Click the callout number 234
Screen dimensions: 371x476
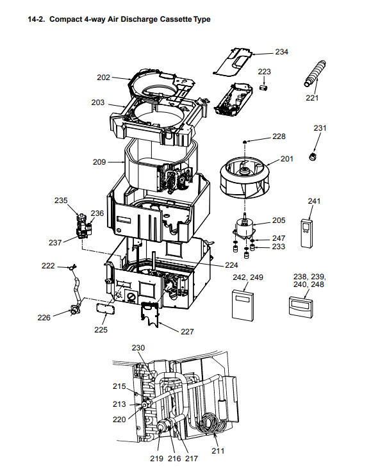[x=281, y=52]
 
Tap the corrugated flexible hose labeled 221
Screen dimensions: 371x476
[x=315, y=73]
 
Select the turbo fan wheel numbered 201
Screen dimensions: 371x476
[x=245, y=177]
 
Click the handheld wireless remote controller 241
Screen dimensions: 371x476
[x=306, y=233]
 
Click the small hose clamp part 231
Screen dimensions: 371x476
[x=313, y=157]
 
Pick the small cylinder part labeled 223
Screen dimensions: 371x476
[x=263, y=87]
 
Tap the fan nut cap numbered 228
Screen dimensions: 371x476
[x=245, y=142]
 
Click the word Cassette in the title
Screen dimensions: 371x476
[x=176, y=19]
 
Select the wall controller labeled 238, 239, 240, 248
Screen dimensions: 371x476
[x=301, y=308]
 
